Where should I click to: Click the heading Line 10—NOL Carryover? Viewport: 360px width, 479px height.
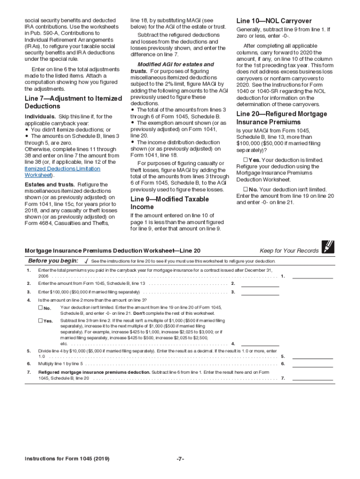coord(274,21)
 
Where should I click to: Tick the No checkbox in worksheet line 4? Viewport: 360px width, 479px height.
coord(40,308)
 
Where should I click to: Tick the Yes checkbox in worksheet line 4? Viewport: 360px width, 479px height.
coord(40,321)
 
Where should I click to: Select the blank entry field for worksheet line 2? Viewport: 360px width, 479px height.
coord(259,283)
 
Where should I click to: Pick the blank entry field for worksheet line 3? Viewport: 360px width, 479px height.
coord(259,292)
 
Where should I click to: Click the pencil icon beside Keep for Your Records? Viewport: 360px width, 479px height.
coord(328,247)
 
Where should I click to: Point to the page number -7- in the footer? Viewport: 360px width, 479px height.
coord(180,459)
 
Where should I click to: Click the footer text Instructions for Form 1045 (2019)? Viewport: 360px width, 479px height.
coord(67,459)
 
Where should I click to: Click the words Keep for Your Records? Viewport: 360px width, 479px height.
coord(289,251)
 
